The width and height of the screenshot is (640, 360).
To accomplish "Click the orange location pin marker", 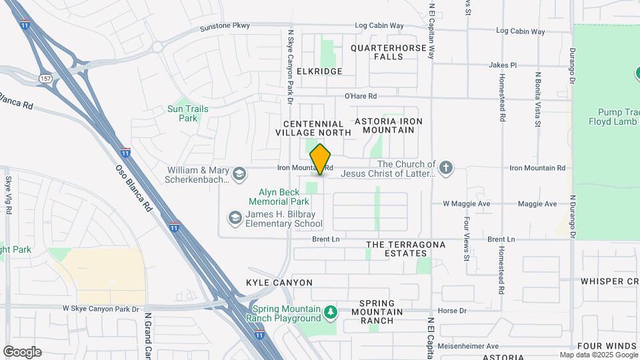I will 321,159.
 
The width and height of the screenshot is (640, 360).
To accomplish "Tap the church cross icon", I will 446,168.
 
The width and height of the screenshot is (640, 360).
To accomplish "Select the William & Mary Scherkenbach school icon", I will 238,175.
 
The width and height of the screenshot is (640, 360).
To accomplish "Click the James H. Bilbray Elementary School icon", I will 235,218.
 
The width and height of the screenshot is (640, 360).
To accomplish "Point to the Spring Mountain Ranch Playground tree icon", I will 330,312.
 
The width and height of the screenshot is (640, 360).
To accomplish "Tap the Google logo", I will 21,352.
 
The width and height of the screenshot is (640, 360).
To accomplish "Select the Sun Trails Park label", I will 188,113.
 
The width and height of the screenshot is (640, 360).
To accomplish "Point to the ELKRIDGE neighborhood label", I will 319,71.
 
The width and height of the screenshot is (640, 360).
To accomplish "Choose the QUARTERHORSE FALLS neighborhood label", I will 386,53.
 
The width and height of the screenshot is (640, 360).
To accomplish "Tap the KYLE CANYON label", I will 279,283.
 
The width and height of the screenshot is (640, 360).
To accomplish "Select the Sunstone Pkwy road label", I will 225,27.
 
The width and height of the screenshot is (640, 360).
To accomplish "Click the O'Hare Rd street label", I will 361,96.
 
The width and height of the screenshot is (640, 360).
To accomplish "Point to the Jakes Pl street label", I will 503,65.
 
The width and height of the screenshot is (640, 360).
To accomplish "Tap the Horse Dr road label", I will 451,311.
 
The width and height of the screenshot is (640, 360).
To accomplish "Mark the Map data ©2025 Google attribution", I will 598,355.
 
